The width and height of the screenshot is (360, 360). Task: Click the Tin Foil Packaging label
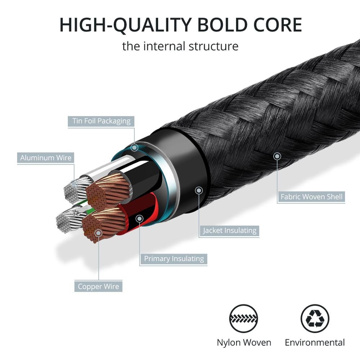[x=101, y=121]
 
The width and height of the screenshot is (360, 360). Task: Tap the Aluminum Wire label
[x=46, y=158]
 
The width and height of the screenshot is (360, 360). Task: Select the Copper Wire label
[x=98, y=287]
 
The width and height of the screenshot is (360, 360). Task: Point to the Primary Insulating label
[x=174, y=258]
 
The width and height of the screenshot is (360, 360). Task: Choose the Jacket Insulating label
[x=230, y=230]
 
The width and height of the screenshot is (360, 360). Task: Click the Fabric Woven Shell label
[x=312, y=197]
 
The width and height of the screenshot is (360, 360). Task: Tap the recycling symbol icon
[x=315, y=319]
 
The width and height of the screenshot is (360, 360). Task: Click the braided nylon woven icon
[x=244, y=319]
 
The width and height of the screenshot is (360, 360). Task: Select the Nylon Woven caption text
[x=244, y=342]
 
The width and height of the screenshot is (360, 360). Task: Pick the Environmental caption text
[x=315, y=342]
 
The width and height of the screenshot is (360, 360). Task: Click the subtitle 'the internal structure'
[x=180, y=46]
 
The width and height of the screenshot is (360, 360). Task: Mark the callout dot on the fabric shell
[x=277, y=156]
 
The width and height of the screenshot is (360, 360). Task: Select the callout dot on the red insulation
[x=140, y=218]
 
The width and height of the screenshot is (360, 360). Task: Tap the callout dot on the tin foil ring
[x=134, y=147]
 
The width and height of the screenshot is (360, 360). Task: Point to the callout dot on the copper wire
[x=98, y=233]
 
